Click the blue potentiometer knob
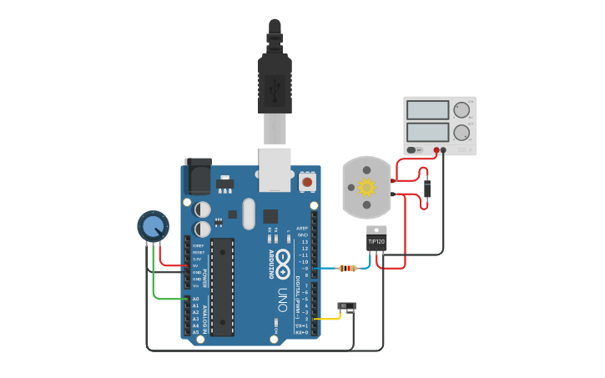[x=153, y=225]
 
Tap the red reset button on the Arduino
[x=307, y=181]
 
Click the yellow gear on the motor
[x=367, y=187]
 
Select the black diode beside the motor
[x=427, y=189]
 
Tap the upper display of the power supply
[x=427, y=109]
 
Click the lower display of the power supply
[x=427, y=132]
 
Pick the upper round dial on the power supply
[x=461, y=109]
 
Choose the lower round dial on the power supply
[x=461, y=132]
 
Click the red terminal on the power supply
[x=436, y=150]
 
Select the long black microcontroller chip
[x=222, y=286]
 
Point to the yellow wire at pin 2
[x=327, y=318]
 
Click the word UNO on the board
[x=282, y=300]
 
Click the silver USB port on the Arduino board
[x=275, y=166]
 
